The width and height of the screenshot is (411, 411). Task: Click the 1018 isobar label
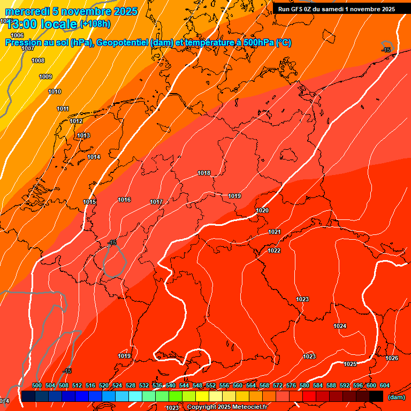[204, 173]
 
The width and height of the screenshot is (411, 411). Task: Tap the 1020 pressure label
[262, 210]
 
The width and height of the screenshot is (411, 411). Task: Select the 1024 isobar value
[340, 326]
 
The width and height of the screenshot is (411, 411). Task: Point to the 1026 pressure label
[392, 358]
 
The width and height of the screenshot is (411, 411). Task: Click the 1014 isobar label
[94, 157]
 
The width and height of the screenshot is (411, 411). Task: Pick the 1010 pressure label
[55, 92]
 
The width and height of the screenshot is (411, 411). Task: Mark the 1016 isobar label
[124, 200]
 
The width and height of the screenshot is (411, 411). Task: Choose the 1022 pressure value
[275, 250]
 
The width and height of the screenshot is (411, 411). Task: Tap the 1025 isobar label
[350, 364]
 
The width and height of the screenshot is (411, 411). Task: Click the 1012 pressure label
[76, 121]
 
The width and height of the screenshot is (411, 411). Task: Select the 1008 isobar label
[38, 60]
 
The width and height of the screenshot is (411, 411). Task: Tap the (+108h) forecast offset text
[95, 24]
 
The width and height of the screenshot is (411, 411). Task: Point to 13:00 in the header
[21, 24]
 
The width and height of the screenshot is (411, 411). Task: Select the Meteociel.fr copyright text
[227, 407]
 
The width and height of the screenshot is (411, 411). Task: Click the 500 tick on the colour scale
[37, 385]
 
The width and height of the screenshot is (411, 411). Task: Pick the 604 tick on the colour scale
[385, 385]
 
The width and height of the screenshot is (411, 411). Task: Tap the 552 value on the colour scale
[211, 385]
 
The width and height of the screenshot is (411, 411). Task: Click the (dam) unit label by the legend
[396, 397]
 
